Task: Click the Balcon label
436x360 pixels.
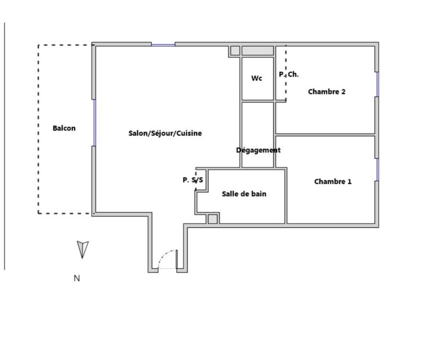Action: pyautogui.click(x=64, y=129)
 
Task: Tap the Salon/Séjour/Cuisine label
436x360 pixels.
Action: pyautogui.click(x=165, y=133)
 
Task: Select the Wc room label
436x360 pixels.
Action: pyautogui.click(x=257, y=78)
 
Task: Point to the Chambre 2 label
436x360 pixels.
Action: pyautogui.click(x=326, y=91)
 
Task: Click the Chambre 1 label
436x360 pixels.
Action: pyautogui.click(x=333, y=181)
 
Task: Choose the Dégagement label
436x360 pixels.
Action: pyautogui.click(x=258, y=150)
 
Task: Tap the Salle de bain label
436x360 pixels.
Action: pyautogui.click(x=244, y=193)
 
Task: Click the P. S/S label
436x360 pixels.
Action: pyautogui.click(x=193, y=180)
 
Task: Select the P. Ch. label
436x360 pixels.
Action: pyautogui.click(x=289, y=75)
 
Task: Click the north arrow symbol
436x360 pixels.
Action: pyautogui.click(x=82, y=249)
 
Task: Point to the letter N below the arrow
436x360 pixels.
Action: pyautogui.click(x=77, y=278)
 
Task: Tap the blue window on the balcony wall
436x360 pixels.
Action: pyautogui.click(x=94, y=123)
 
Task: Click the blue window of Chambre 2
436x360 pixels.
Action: pyautogui.click(x=377, y=84)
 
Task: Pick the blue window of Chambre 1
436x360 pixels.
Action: pyautogui.click(x=377, y=169)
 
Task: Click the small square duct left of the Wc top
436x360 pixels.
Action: pyautogui.click(x=235, y=51)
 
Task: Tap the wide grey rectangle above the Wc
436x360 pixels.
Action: pyautogui.click(x=258, y=51)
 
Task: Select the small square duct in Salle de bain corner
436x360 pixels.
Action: pyautogui.click(x=213, y=219)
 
